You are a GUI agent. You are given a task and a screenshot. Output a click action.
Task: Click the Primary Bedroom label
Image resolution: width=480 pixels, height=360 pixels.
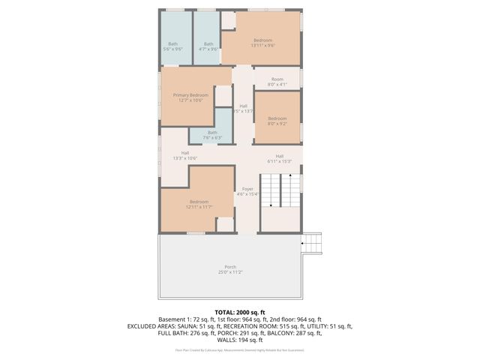point(190,95)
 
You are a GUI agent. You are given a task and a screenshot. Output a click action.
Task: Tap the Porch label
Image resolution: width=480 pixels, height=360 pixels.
point(230,267)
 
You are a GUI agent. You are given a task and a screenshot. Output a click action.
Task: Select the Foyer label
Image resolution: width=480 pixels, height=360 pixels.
point(247,189)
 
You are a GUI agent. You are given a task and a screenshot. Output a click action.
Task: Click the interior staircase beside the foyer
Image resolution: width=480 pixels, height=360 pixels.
point(280,191)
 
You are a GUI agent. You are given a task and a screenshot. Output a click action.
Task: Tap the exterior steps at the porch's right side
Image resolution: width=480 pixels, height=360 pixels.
point(314,243)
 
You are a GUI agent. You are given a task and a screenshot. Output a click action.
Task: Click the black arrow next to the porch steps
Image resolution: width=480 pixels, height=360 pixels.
point(303,243)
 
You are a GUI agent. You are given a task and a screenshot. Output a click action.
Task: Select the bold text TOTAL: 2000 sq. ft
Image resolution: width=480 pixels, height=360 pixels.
point(240,312)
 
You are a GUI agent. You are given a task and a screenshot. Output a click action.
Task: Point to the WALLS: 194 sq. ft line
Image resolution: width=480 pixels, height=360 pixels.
point(240,340)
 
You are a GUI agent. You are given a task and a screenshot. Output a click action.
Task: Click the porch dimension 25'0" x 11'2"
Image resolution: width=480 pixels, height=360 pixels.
point(230,271)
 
